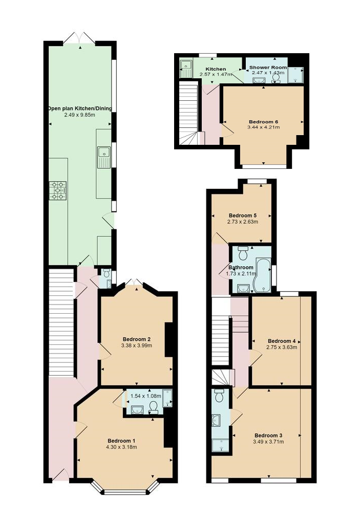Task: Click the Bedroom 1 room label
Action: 121,441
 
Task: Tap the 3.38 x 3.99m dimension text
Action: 137,345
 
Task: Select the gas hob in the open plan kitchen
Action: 58,191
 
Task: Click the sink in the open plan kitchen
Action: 104,157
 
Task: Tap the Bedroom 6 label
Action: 263,122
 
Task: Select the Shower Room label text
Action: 268,67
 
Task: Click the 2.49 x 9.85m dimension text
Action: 80,115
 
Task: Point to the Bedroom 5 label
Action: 243,215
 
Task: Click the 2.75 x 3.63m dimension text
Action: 282,347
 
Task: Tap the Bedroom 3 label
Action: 268,435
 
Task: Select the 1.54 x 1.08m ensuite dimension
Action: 145,396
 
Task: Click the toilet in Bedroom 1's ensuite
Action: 154,407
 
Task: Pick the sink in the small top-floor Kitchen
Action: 185,69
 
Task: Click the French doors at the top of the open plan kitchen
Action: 79,38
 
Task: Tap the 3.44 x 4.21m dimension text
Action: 264,127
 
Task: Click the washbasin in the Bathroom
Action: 243,288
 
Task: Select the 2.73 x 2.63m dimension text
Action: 243,222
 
